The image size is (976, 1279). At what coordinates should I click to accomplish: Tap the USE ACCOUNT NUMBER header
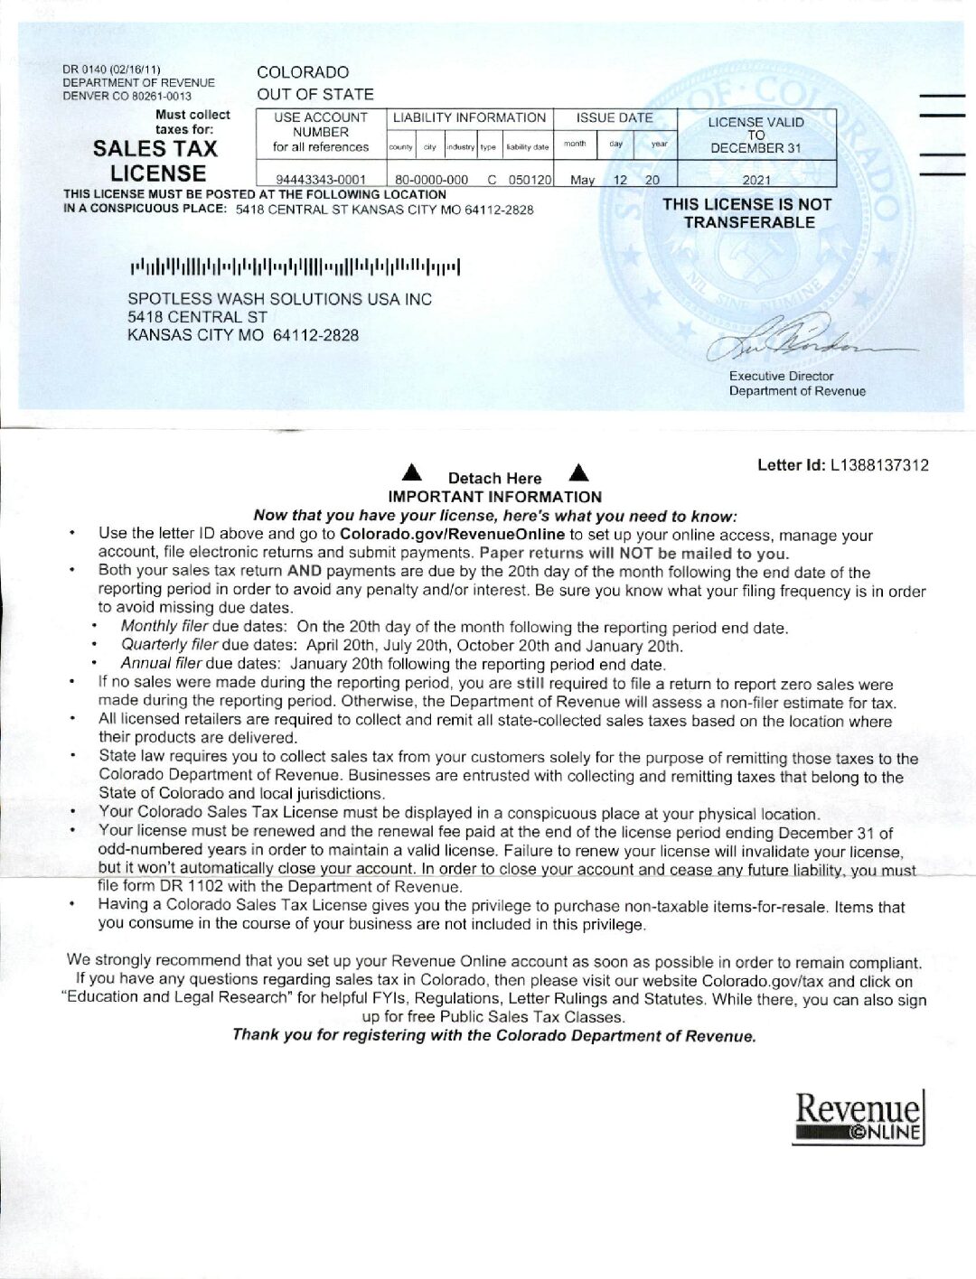[321, 132]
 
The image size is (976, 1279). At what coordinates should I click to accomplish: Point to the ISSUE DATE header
[615, 117]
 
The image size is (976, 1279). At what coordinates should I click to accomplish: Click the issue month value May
[582, 180]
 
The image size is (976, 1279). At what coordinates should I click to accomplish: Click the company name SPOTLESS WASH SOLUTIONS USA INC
[280, 299]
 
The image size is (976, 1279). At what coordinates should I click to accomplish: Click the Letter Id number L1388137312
[879, 465]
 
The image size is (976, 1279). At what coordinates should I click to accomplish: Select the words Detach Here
[494, 479]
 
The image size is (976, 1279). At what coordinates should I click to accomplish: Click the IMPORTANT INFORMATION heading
[494, 497]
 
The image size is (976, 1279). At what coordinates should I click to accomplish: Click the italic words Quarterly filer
[170, 645]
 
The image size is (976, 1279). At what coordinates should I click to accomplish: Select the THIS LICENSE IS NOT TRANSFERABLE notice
[747, 213]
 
